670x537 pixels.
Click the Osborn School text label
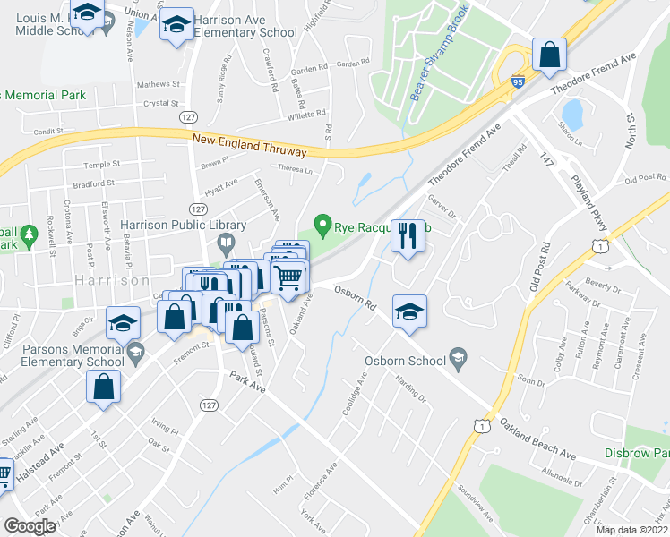405,362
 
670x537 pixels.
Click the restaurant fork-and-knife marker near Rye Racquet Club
408,237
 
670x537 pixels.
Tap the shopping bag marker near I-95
548,55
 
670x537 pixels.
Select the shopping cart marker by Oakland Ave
288,277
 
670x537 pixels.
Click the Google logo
30,526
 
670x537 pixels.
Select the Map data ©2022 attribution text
631,530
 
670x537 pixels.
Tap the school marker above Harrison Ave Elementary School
176,24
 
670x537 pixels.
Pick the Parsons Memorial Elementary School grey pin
135,350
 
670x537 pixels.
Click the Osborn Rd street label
355,297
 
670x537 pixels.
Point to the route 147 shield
548,158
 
